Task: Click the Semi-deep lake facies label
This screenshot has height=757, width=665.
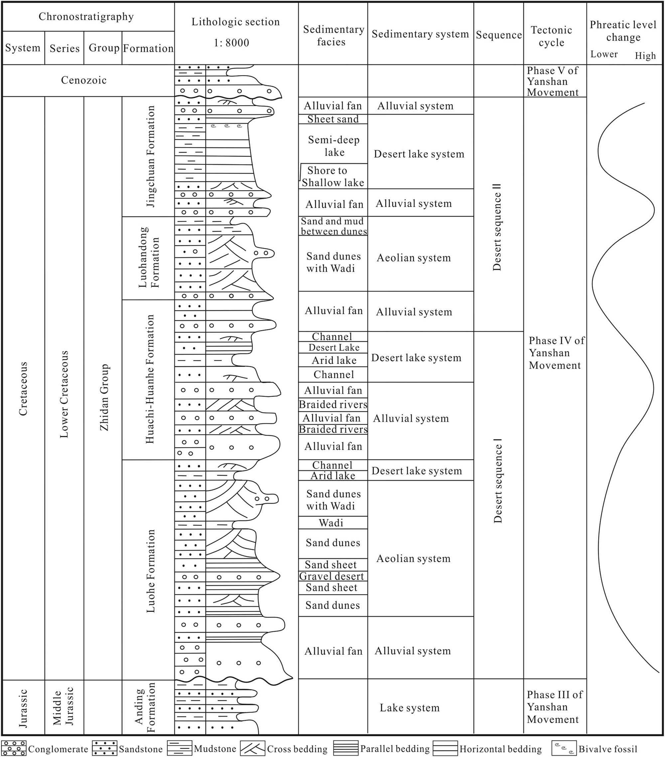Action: coord(334,146)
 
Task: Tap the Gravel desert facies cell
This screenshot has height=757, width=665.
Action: coord(332,576)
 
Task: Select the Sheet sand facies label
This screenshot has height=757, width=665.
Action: coord(333,119)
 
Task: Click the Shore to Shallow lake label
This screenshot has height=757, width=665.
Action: coord(333,176)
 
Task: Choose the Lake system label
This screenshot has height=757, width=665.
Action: coord(409,707)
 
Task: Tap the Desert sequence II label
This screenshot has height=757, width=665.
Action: coord(497,227)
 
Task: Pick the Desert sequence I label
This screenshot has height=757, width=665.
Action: coord(497,480)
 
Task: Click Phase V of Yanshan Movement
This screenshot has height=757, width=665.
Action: coord(552,81)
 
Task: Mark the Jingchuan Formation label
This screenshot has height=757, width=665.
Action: coord(150,156)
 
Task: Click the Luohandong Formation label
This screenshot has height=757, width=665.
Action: coord(149,257)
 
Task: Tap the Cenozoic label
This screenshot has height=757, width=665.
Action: coord(84,80)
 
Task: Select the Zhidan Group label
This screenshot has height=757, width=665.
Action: coord(104,397)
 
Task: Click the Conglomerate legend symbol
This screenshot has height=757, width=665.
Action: coord(14,748)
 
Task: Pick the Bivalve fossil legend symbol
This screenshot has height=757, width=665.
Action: coord(564,748)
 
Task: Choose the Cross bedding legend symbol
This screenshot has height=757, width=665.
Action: coord(252,748)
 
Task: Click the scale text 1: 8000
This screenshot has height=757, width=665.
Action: coord(231,43)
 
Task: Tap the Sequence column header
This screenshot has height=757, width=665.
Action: coord(499,35)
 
